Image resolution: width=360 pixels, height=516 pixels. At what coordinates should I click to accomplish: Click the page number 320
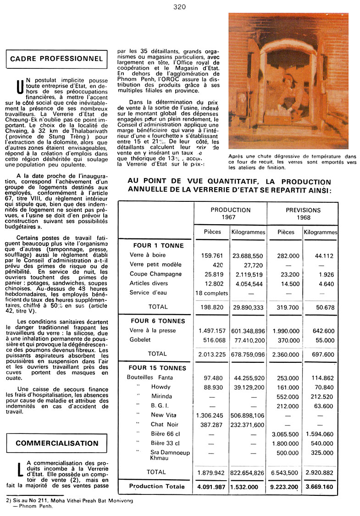(179, 6)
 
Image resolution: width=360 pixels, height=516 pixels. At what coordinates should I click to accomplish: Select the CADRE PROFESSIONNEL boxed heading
(56, 59)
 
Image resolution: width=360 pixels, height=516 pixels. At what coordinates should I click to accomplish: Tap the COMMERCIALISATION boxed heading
(57, 444)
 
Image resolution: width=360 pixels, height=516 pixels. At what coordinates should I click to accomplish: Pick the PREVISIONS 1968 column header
(303, 213)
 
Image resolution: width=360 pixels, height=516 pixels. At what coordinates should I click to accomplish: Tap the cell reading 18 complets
(211, 293)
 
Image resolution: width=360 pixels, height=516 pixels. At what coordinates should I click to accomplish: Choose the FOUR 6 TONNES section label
(158, 321)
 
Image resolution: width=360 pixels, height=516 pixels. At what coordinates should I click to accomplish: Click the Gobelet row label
(140, 340)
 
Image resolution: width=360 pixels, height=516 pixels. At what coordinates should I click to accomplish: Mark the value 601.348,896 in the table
(248, 331)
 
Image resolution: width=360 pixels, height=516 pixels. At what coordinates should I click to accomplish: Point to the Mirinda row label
(161, 396)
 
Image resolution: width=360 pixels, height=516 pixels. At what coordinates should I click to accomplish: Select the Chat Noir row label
(164, 425)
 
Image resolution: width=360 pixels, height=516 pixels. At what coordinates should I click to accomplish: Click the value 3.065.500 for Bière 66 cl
(285, 434)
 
